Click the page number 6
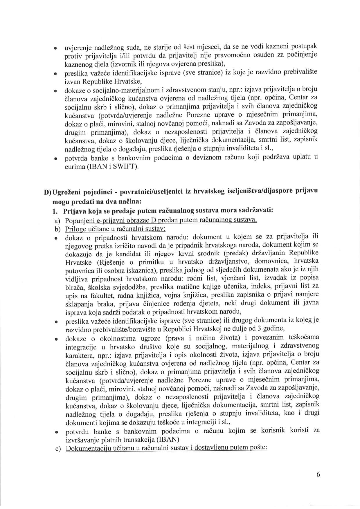(x=318, y=474)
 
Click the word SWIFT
(x=126, y=167)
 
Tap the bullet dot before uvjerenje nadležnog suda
(x=55, y=48)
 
